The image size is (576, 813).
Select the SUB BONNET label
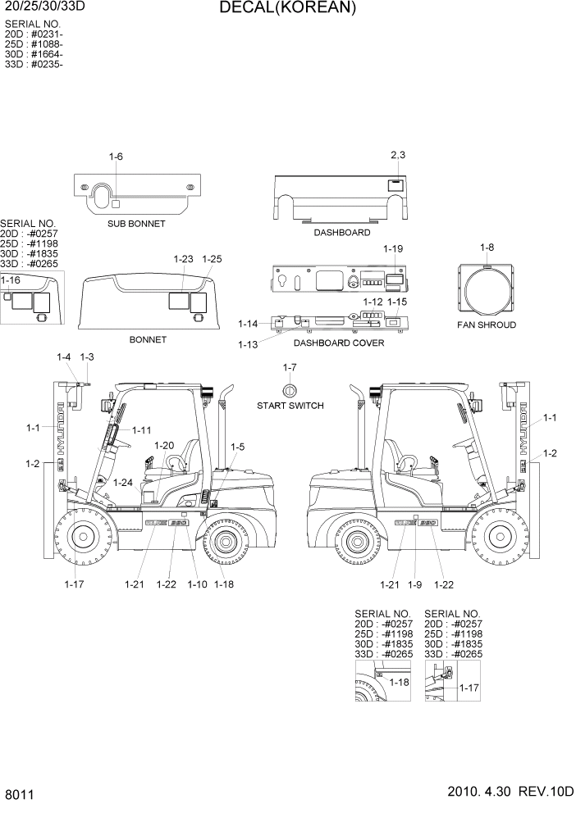click(x=136, y=223)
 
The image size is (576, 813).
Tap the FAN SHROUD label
click(x=487, y=325)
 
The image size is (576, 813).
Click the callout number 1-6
click(x=116, y=157)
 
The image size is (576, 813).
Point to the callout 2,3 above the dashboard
click(x=398, y=155)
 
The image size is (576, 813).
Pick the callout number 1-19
click(x=393, y=248)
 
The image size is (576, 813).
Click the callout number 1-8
click(x=487, y=247)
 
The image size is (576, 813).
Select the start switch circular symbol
click(x=289, y=389)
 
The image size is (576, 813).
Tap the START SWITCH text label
click(x=290, y=406)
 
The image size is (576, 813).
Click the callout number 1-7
click(x=289, y=366)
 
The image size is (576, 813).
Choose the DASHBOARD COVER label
click(x=338, y=343)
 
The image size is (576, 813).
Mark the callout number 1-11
click(x=141, y=430)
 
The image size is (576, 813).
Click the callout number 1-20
click(x=164, y=445)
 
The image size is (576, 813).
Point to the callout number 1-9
click(x=418, y=584)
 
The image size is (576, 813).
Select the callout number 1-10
click(x=197, y=584)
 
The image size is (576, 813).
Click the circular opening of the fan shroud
click(x=487, y=292)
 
